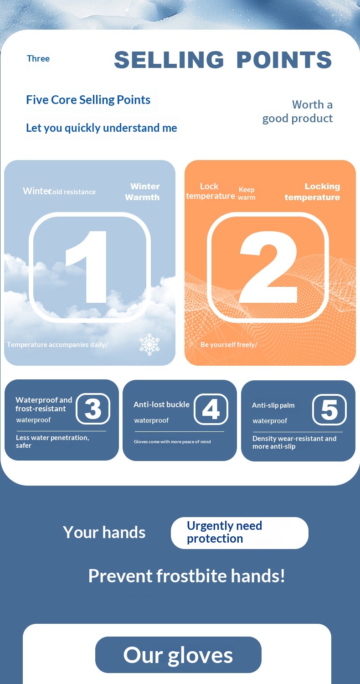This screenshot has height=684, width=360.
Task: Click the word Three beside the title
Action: click(38, 58)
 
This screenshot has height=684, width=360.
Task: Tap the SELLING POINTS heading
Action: click(223, 60)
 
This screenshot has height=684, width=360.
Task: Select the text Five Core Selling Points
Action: click(88, 100)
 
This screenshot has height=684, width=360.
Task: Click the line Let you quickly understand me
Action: click(102, 128)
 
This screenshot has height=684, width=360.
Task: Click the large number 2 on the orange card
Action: click(268, 267)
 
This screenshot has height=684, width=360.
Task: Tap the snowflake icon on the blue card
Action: click(149, 344)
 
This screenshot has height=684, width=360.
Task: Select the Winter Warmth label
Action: click(143, 192)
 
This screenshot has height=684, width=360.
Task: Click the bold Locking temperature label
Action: click(313, 192)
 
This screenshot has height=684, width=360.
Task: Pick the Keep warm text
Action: click(247, 194)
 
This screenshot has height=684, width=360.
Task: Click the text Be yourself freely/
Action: click(229, 345)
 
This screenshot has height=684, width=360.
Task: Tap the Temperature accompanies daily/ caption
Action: click(57, 345)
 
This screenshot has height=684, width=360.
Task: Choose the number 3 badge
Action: click(93, 409)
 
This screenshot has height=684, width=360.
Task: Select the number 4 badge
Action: click(211, 409)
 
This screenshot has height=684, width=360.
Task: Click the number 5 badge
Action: click(329, 409)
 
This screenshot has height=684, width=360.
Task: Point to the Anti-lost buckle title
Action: click(161, 404)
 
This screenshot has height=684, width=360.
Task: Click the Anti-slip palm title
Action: click(273, 405)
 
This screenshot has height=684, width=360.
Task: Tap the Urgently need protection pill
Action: click(240, 533)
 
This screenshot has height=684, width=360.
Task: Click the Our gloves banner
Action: click(178, 655)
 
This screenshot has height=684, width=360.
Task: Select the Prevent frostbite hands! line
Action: click(187, 576)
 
